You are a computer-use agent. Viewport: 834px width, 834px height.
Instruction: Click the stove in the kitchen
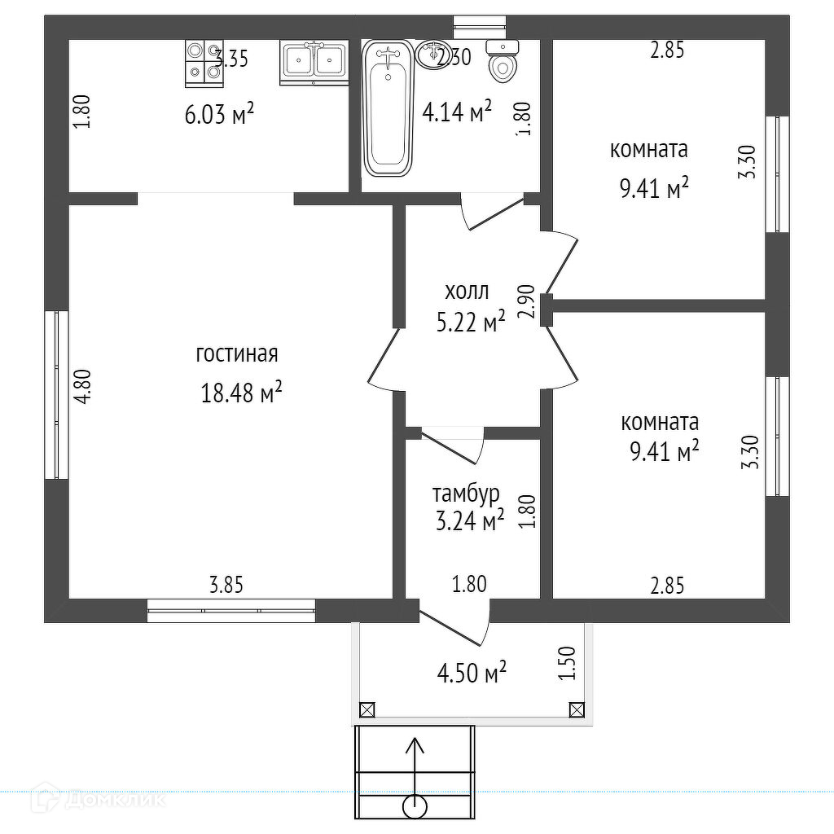point(204,62)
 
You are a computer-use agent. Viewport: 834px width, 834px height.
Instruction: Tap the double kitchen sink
point(314,63)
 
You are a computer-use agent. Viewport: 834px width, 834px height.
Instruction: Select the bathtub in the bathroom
point(387,109)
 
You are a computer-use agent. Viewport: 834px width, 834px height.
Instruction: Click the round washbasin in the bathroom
point(431,55)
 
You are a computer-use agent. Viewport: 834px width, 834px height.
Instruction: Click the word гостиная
point(237,354)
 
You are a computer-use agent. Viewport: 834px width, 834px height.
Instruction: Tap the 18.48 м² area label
point(241,393)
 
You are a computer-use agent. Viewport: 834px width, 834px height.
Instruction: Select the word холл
point(467,291)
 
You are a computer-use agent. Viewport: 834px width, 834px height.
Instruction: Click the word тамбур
point(466,494)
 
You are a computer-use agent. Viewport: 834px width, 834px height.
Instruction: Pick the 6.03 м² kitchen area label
point(219,115)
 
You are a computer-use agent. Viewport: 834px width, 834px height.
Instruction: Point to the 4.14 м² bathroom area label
point(457,112)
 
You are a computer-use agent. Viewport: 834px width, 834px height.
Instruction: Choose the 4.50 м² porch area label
point(472,674)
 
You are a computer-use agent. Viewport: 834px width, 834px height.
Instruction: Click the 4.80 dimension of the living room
point(81,387)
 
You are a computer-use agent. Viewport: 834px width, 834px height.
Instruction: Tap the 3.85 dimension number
point(226,584)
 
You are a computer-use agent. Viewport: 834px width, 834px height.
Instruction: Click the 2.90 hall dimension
point(526,301)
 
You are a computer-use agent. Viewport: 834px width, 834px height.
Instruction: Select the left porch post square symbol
point(367,709)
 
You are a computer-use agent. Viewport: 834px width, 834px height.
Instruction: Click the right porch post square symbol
point(577,709)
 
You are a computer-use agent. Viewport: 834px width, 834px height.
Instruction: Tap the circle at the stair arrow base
point(415,807)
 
